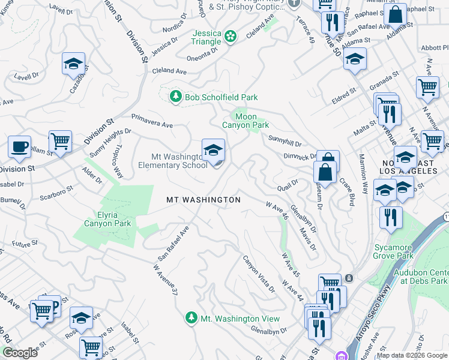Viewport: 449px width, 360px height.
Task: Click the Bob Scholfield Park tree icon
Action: coord(175,97)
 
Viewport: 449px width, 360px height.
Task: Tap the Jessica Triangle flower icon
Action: coord(229,37)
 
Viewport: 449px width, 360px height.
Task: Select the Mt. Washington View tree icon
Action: coord(191,318)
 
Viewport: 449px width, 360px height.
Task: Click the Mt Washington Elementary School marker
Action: coord(213,151)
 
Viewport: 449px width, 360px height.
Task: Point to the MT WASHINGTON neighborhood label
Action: coord(203,200)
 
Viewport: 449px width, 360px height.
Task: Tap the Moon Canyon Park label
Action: coord(246,121)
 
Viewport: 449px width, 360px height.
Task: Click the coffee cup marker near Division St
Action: coord(19,146)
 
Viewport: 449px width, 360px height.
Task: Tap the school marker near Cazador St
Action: coord(73,63)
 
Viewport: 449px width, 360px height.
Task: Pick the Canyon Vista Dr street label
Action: coord(259,274)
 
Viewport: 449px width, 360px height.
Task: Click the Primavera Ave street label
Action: coord(152,121)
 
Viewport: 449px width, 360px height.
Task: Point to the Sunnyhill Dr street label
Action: coord(285,140)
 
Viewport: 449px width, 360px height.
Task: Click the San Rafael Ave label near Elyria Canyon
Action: coord(173,243)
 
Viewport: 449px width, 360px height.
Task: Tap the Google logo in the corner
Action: coord(20,353)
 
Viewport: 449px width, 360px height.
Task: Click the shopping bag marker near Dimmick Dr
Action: coord(325,172)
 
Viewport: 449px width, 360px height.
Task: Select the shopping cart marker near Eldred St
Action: coord(427,87)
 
